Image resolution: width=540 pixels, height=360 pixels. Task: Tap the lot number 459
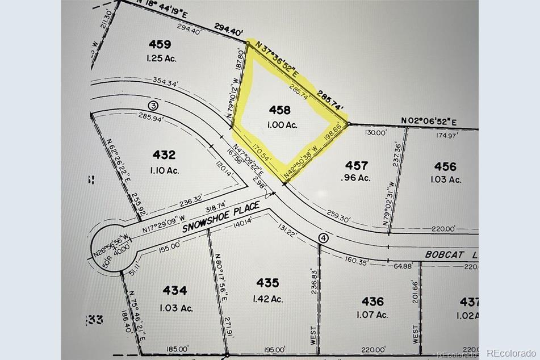pyautogui.click(x=160, y=44)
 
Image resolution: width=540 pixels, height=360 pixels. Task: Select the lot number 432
pyautogui.click(x=164, y=154)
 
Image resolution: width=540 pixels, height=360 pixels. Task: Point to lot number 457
pyautogui.click(x=357, y=165)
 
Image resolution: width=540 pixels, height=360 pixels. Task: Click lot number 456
pyautogui.click(x=445, y=166)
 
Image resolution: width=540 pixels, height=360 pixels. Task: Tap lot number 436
pyautogui.click(x=372, y=302)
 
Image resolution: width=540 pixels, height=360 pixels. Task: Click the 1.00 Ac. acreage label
pyautogui.click(x=283, y=124)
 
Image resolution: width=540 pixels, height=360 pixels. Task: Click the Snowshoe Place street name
pyautogui.click(x=221, y=217)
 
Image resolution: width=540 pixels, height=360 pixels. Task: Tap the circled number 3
pyautogui.click(x=153, y=106)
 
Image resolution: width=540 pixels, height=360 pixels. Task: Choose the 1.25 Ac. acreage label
pyautogui.click(x=160, y=58)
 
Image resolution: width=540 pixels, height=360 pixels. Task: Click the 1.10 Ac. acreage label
pyautogui.click(x=164, y=169)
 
